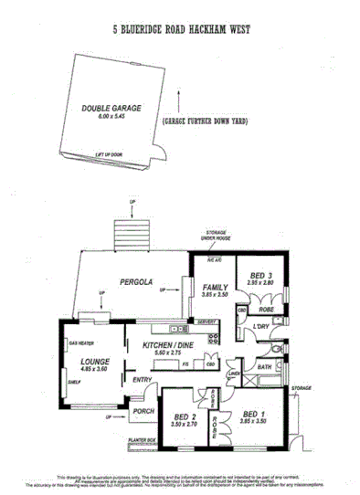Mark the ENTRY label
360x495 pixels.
(143, 379)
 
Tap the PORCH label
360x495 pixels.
(142, 410)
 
